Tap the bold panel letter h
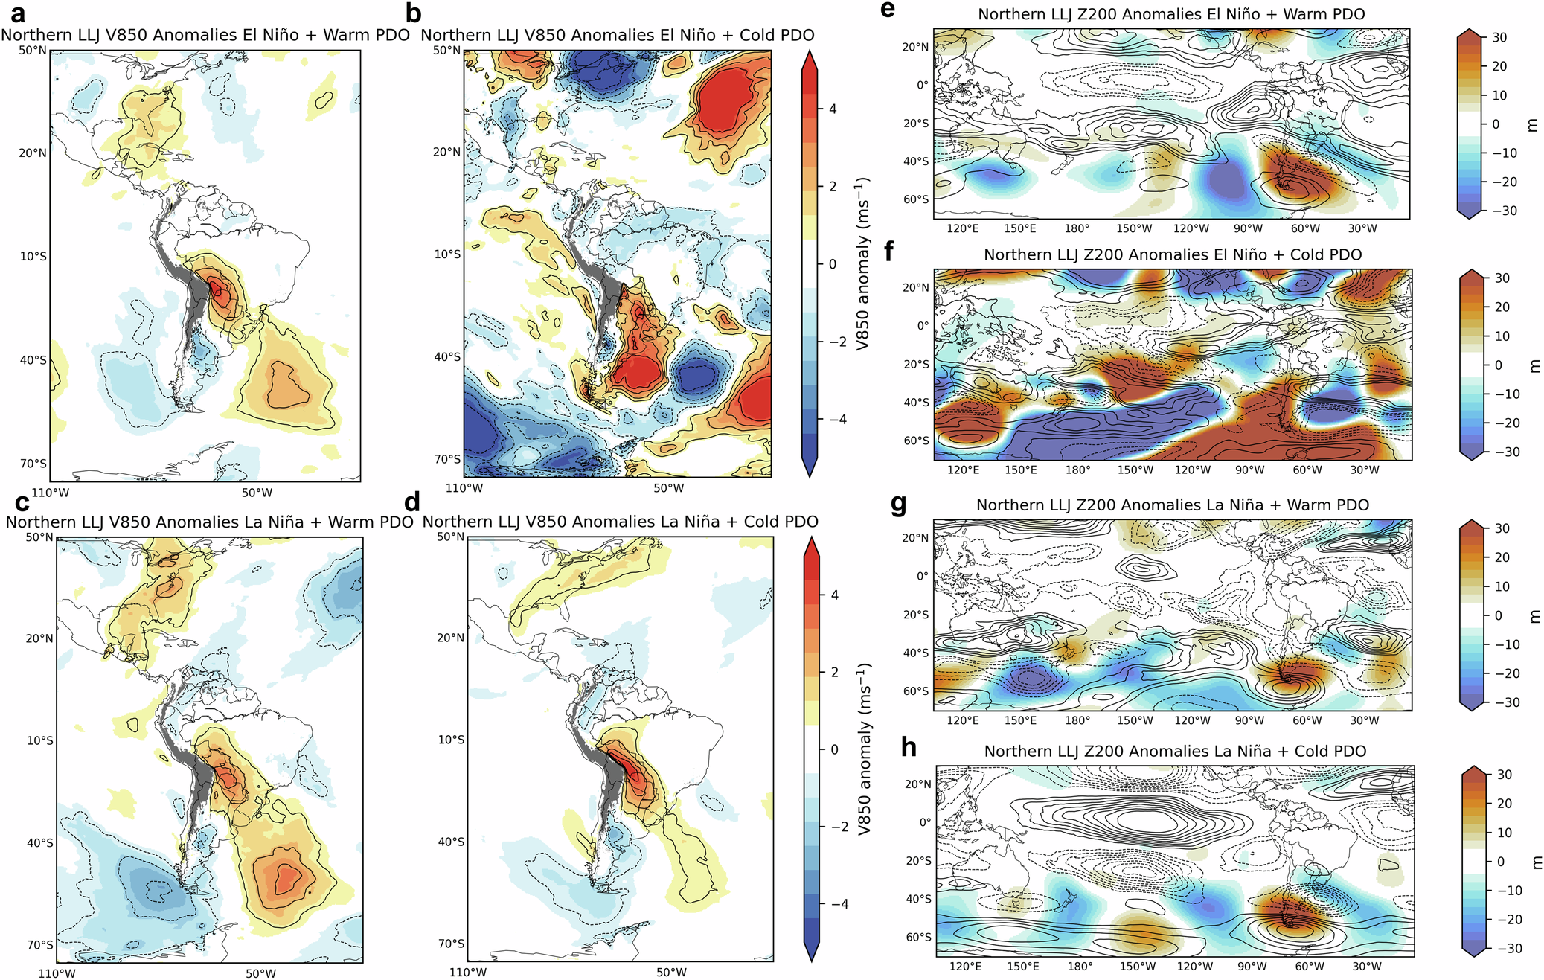point(908,746)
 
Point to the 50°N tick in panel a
point(33,51)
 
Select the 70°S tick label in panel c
point(40,945)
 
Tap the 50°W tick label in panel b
point(669,488)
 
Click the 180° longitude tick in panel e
point(1077,228)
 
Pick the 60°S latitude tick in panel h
point(919,937)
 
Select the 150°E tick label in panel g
point(1020,720)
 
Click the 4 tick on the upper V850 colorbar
point(833,109)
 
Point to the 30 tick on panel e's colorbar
point(1499,37)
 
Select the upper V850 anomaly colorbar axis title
point(862,263)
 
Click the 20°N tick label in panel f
point(917,287)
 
